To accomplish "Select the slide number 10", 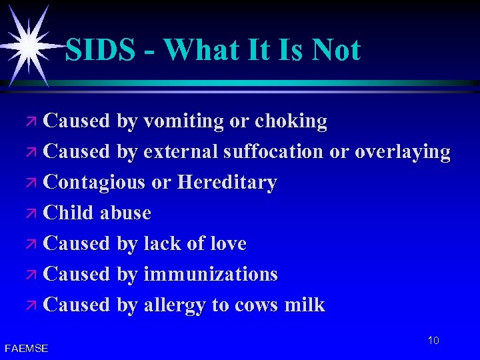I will (433, 341).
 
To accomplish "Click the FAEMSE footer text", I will (26, 348).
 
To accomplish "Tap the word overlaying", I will (402, 152).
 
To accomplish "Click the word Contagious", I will (94, 183).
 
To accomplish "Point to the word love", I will (227, 244).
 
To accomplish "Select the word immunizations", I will (211, 275).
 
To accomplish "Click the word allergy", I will (175, 305).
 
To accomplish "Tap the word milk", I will (305, 305).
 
